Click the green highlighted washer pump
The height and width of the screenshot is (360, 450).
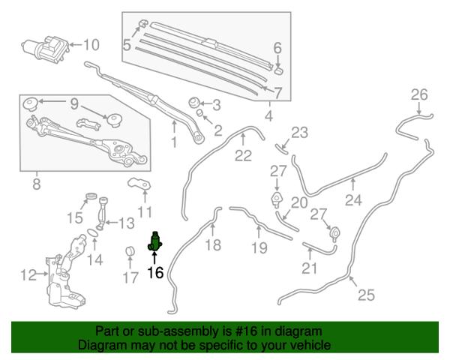(x=155, y=241)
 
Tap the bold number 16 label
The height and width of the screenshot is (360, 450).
(x=155, y=272)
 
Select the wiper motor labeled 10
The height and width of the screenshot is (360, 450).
(x=46, y=49)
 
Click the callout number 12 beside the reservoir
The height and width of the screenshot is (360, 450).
(x=28, y=275)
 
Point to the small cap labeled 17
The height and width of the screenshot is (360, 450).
(x=130, y=251)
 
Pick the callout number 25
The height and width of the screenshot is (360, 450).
(x=367, y=295)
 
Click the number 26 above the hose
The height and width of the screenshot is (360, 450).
(x=419, y=94)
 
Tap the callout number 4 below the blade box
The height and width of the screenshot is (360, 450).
(x=268, y=116)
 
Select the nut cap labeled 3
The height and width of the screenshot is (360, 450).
(x=194, y=103)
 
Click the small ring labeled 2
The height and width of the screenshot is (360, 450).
(x=199, y=112)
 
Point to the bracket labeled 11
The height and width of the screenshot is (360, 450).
(x=139, y=184)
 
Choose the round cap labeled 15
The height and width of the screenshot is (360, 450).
(x=91, y=196)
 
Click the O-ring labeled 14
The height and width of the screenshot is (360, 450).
(x=93, y=232)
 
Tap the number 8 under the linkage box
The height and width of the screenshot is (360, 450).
(x=37, y=184)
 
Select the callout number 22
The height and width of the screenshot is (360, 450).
(x=243, y=155)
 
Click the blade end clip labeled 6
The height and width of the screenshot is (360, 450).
(x=279, y=70)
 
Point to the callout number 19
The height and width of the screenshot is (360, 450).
(x=259, y=247)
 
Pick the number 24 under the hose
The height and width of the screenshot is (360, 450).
(x=353, y=199)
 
